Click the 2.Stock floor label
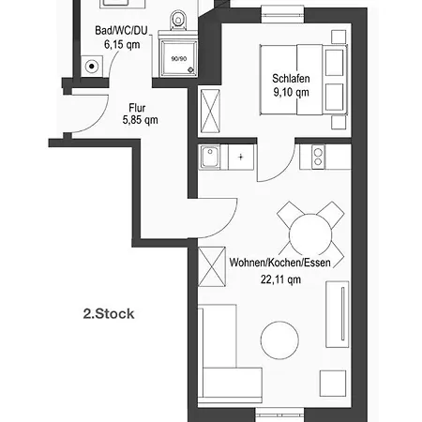pyautogui.click(x=109, y=314)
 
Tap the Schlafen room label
pyautogui.click(x=291, y=79)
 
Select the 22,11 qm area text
pyautogui.click(x=280, y=279)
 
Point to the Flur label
pyautogui.click(x=137, y=108)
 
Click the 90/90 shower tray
pyautogui.click(x=178, y=58)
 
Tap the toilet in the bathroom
pyautogui.click(x=178, y=21)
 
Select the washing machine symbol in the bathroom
pyautogui.click(x=92, y=67)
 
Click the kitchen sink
pyautogui.click(x=210, y=157)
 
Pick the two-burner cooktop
pyautogui.click(x=318, y=157)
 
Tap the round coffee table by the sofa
pyautogui.click(x=279, y=340)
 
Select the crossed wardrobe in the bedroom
pyautogui.click(x=210, y=111)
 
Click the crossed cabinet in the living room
pyautogui.click(x=212, y=266)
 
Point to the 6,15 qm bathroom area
pyautogui.click(x=122, y=45)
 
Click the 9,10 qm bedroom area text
pyautogui.click(x=291, y=93)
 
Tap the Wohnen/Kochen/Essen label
pyautogui.click(x=280, y=263)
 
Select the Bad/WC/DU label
pyautogui.click(x=121, y=31)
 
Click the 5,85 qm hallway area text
pyautogui.click(x=140, y=120)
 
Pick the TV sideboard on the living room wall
pyautogui.click(x=338, y=314)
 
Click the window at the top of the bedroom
pyautogui.click(x=282, y=15)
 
